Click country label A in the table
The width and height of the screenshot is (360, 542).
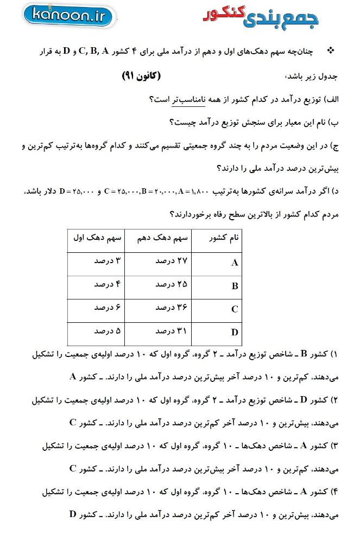coord(235,263)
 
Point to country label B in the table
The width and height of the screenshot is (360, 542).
coord(235,286)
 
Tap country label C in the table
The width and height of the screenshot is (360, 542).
coord(235,309)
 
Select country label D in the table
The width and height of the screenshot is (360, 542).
coord(235,332)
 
